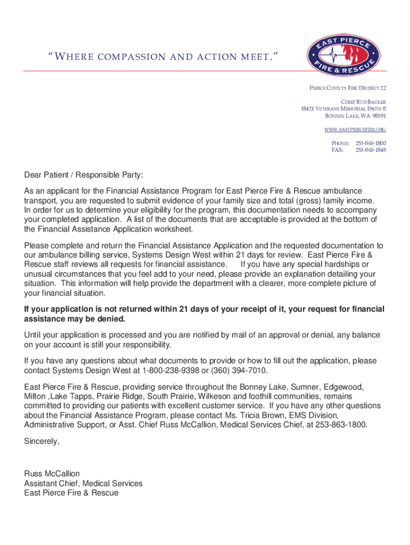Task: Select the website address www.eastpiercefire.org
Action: (x=355, y=130)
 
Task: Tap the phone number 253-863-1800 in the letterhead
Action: (x=371, y=143)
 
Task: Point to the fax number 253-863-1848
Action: (x=371, y=150)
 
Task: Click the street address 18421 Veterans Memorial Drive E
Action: (x=343, y=109)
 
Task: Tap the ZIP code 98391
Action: (x=379, y=115)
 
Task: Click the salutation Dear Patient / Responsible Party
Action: (x=84, y=175)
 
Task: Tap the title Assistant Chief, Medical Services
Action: (x=83, y=483)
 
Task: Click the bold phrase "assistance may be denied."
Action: (x=75, y=319)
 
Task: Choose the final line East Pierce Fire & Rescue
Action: (x=71, y=493)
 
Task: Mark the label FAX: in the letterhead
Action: (x=338, y=150)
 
